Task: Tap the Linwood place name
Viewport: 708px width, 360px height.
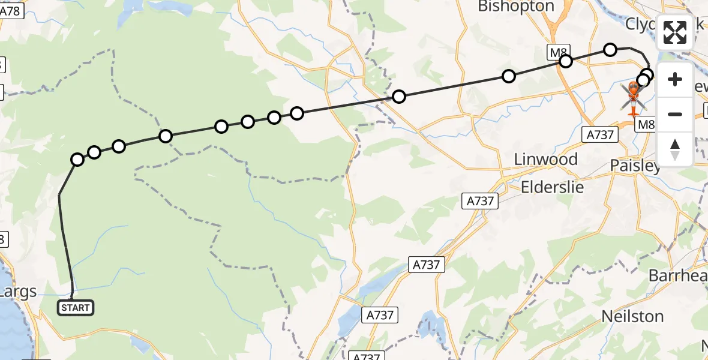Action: click(546, 160)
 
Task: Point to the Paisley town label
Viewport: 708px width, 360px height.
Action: click(635, 165)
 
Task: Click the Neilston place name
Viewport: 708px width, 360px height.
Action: click(632, 316)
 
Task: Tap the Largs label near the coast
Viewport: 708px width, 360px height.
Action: click(18, 292)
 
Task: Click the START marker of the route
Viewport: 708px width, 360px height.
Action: click(75, 308)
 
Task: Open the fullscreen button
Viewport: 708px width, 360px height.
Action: click(675, 32)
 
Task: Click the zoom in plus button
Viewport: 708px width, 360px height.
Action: click(675, 79)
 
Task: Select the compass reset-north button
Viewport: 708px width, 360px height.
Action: click(675, 149)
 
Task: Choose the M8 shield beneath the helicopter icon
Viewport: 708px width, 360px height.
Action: click(646, 124)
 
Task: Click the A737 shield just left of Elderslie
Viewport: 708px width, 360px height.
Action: click(481, 201)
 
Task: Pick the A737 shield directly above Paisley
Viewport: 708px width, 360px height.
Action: click(600, 135)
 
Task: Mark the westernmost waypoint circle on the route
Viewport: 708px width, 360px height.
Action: click(77, 159)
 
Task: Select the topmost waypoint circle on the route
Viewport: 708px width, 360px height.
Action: click(610, 49)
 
